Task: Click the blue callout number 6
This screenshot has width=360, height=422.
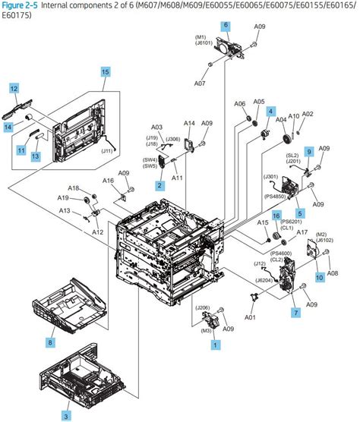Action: point(226,26)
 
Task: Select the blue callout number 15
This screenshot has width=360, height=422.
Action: point(106,72)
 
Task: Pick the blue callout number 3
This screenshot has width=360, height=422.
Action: point(66,416)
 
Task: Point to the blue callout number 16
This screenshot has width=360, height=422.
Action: point(276,216)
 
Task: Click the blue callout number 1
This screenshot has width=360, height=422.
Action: point(216,344)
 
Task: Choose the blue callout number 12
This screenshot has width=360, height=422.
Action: point(14,90)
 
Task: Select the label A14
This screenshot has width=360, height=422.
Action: point(189,123)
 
